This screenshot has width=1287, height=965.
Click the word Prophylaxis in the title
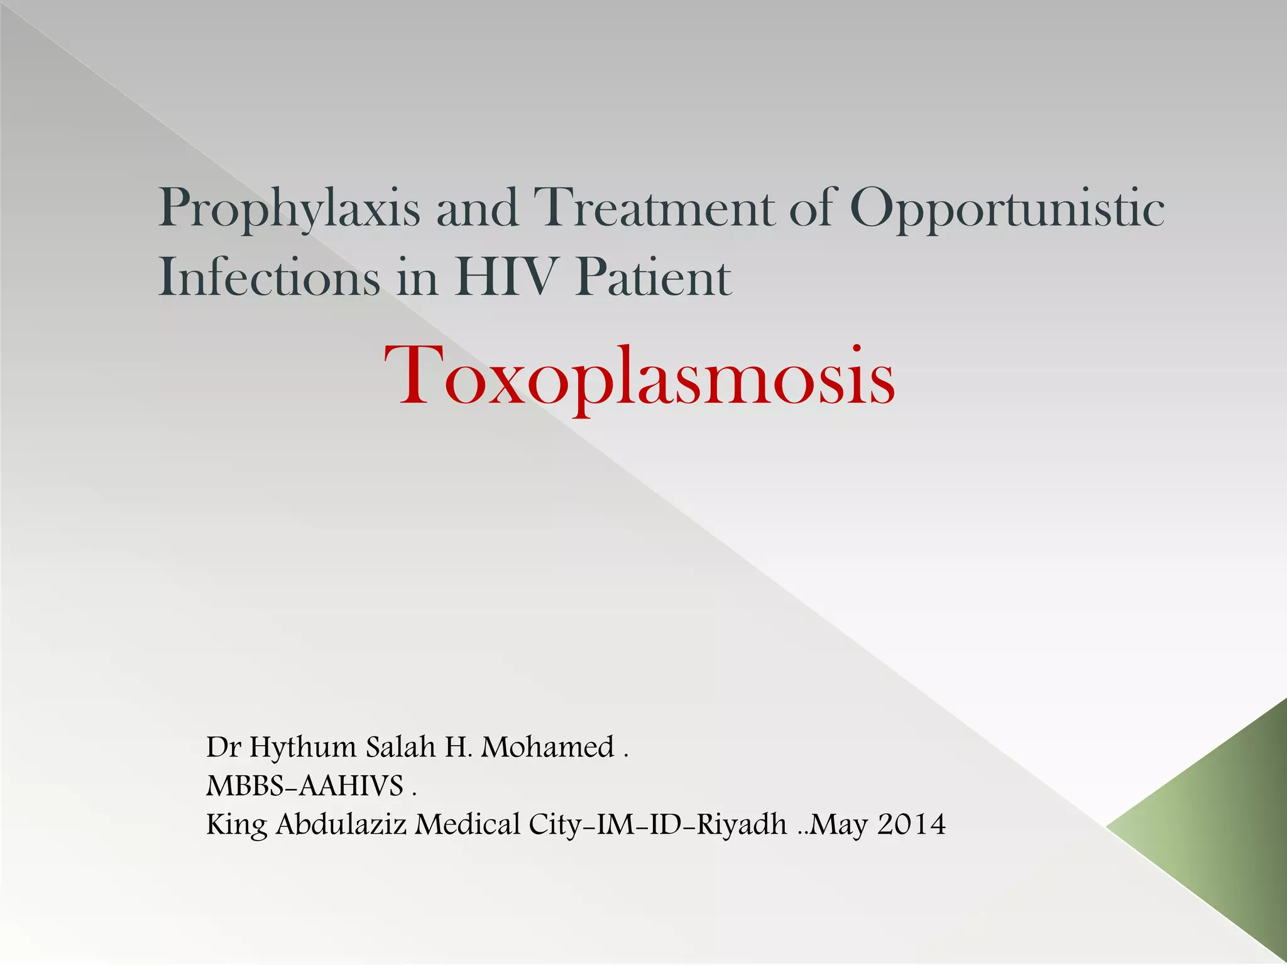coord(289,209)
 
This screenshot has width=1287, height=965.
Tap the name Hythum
coord(303,748)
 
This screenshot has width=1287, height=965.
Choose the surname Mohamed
coord(547,747)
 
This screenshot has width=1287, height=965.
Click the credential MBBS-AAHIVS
coord(305,785)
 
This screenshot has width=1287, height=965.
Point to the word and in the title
coord(478,209)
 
